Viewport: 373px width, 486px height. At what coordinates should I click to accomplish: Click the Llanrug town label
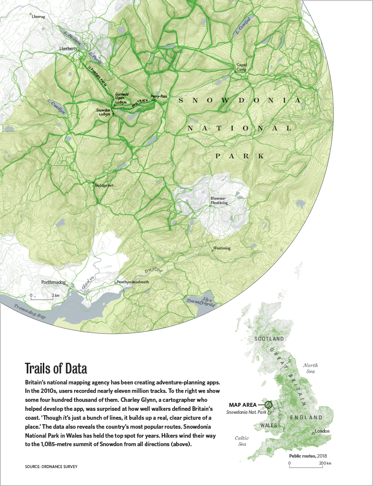[38, 16]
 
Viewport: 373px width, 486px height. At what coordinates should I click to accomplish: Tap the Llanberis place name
[68, 49]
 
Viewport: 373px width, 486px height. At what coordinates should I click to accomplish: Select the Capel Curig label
[242, 67]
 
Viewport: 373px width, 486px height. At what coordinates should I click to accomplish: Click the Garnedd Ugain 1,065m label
[121, 98]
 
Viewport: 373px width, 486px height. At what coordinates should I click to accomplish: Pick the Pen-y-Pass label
[159, 95]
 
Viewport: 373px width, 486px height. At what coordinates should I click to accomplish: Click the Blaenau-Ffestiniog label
[221, 200]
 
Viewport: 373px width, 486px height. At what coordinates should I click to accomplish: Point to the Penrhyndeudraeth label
[132, 282]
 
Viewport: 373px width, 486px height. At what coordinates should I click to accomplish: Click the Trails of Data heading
[56, 369]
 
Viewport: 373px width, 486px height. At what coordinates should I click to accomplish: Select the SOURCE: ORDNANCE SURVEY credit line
[51, 467]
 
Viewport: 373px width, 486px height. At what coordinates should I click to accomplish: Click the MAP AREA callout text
[243, 404]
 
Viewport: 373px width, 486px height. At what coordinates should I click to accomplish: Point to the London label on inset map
[322, 431]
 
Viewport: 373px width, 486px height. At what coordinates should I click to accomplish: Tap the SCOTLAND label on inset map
[269, 339]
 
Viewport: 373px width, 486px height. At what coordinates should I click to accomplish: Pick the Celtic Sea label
[241, 441]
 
